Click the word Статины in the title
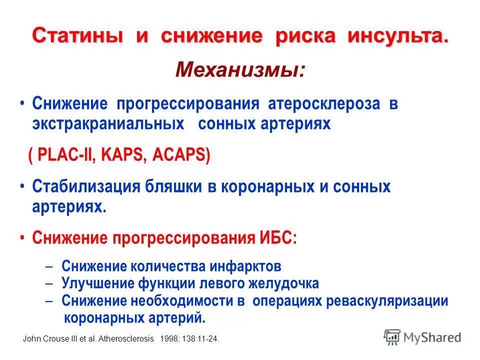[x=77, y=36]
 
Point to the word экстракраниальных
[x=108, y=124]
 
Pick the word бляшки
[x=173, y=187]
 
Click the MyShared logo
[x=423, y=336]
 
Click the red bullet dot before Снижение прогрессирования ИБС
[x=22, y=238]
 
